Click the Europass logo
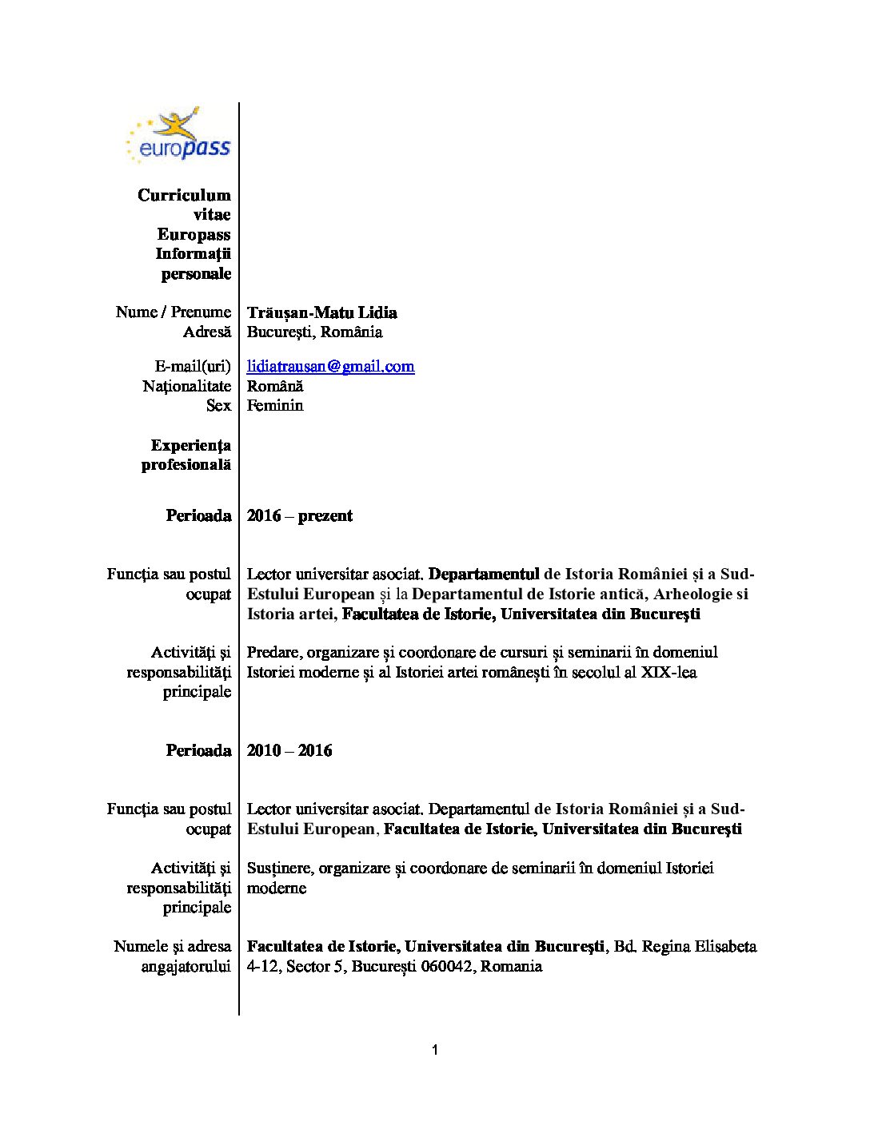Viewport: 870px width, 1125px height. (178, 136)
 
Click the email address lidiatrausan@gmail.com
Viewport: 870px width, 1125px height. (330, 367)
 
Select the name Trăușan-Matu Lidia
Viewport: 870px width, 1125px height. (321, 312)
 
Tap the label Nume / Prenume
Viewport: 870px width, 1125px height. (173, 312)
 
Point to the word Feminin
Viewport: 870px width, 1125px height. (275, 405)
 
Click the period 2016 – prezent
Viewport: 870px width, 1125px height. (299, 515)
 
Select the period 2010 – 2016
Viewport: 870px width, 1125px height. (289, 750)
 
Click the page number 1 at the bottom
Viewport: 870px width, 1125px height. (434, 1050)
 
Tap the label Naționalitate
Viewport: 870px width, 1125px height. (186, 386)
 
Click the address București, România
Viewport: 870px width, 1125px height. (314, 332)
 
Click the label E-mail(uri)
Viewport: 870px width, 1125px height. (192, 367)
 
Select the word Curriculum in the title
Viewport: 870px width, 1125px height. (184, 195)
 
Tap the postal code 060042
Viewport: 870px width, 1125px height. (448, 966)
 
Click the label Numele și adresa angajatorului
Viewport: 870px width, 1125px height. (173, 956)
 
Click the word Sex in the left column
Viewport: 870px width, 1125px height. (218, 405)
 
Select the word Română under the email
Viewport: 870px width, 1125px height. (275, 386)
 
